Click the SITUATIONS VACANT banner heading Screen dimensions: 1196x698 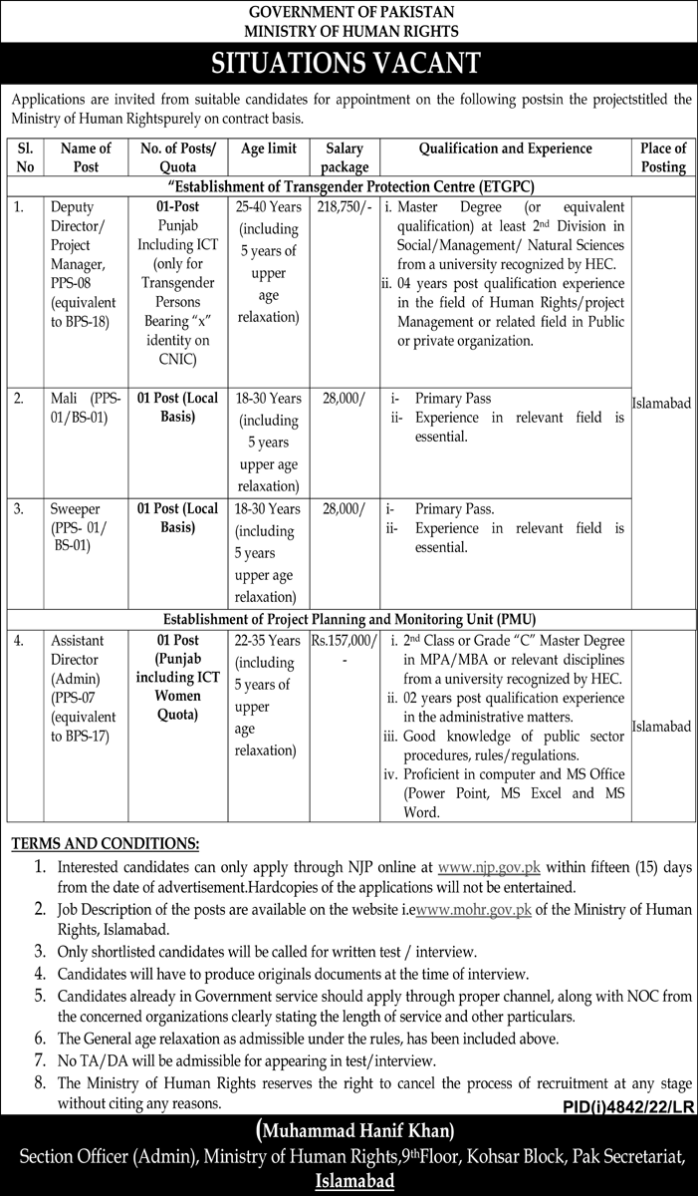349,64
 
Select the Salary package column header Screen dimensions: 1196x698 345,157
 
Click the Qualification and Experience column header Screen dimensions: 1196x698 505,149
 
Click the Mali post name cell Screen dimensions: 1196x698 86,408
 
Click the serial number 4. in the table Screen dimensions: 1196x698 20,640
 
